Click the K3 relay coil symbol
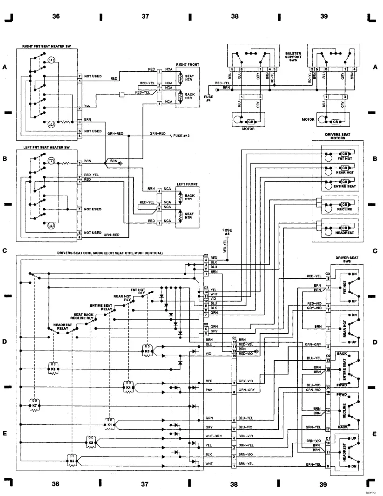point(148,351)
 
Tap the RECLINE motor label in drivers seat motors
point(344,210)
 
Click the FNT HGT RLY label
point(138,291)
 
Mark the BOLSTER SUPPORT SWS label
point(293,57)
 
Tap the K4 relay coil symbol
point(128,386)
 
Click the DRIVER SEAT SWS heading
point(347,260)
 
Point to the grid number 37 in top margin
point(145,16)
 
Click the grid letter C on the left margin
point(5,251)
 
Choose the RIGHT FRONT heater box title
point(187,64)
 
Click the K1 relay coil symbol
point(110,424)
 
